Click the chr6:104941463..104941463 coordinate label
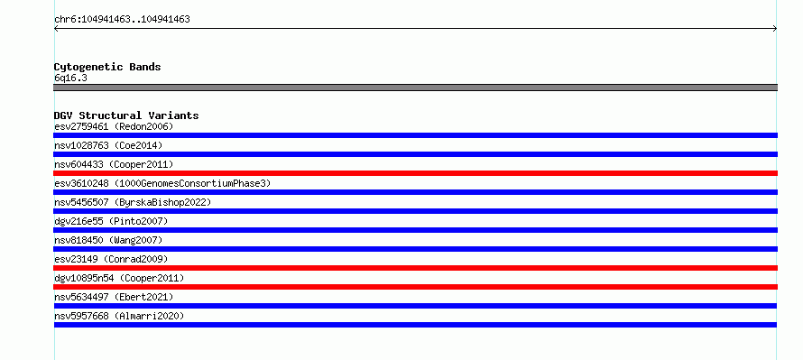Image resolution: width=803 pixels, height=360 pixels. tap(122, 20)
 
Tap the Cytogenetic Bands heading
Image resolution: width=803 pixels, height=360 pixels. tap(107, 67)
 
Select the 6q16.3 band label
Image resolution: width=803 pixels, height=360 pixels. tap(70, 78)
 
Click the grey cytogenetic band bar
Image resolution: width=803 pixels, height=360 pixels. tap(415, 88)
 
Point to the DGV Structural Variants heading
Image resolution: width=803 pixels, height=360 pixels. tap(126, 115)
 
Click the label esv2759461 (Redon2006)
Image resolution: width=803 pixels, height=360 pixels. tap(114, 126)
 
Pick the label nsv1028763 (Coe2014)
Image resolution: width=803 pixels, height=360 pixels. tap(108, 145)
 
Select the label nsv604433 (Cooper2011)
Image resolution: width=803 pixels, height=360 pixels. tap(114, 164)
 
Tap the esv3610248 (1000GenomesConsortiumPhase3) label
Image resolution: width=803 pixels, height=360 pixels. tap(162, 183)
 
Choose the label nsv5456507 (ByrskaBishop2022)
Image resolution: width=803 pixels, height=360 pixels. tap(133, 202)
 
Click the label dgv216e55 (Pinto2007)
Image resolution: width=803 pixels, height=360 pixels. tap(111, 221)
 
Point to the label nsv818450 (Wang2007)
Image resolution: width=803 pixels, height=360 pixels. tap(108, 240)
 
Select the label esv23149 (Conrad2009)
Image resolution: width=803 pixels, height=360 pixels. tap(111, 259)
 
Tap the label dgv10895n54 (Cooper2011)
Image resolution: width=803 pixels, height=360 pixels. tap(119, 278)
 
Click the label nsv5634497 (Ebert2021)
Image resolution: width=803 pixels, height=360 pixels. tap(114, 297)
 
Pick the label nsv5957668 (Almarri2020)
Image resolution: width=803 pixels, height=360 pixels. tap(119, 316)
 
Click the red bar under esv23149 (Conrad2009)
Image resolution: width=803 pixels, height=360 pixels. tap(415, 268)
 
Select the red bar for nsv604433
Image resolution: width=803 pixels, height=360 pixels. tap(415, 173)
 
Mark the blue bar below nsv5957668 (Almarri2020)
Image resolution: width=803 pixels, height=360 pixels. tap(415, 325)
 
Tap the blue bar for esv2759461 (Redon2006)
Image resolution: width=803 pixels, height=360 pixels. tap(415, 135)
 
